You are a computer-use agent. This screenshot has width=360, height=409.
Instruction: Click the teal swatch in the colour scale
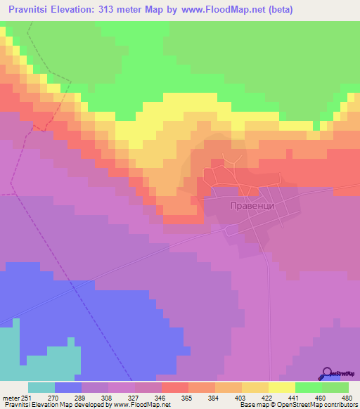click(x=41, y=387)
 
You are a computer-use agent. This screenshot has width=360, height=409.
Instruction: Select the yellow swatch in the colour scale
click(x=281, y=387)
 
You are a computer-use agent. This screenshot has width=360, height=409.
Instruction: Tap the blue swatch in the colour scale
click(x=67, y=387)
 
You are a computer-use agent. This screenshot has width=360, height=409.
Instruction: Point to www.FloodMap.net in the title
click(x=218, y=10)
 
